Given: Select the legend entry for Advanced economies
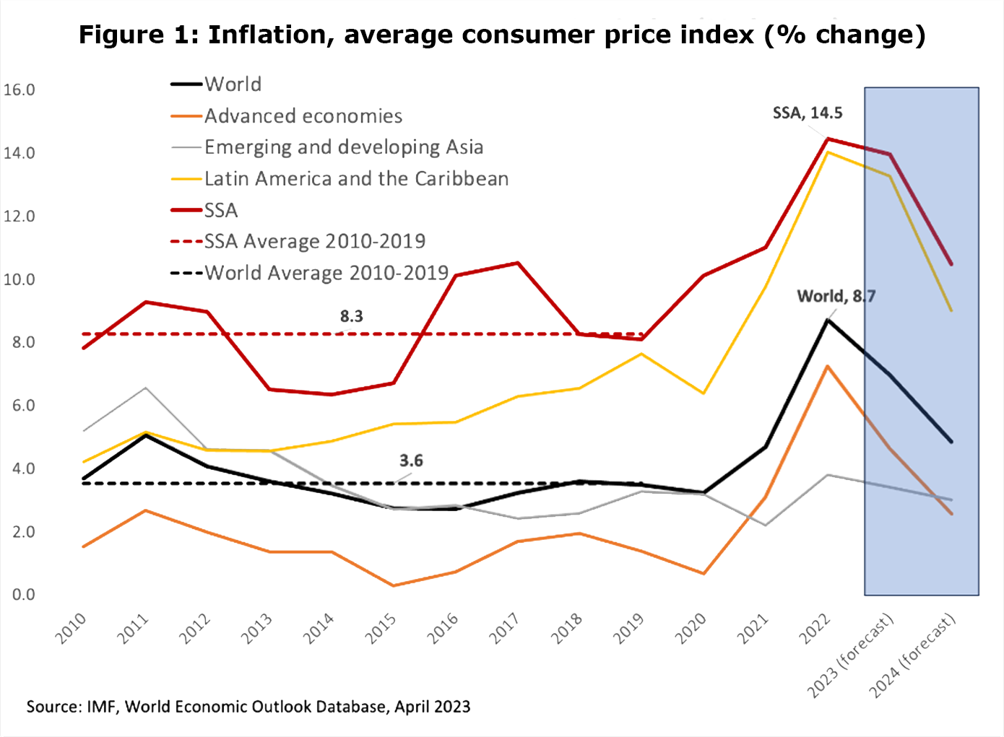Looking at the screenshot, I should pyautogui.click(x=303, y=116).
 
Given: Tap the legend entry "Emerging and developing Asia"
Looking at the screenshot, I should pyautogui.click(x=343, y=147).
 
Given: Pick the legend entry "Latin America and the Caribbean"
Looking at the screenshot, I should pyautogui.click(x=356, y=179).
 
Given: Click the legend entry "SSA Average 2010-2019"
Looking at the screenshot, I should pyautogui.click(x=314, y=241).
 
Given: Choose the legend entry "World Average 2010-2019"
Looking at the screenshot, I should pyautogui.click(x=326, y=273).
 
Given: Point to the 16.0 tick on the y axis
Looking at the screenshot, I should pyautogui.click(x=20, y=90).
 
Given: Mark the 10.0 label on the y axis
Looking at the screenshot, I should pyautogui.click(x=20, y=279).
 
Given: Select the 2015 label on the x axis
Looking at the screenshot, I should pyautogui.click(x=381, y=628).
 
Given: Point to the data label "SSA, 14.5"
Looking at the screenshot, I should pyautogui.click(x=808, y=113).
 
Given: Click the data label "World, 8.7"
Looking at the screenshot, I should pyautogui.click(x=836, y=296).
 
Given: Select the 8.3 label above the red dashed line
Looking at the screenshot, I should pyautogui.click(x=352, y=316).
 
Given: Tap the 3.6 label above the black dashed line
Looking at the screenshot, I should pyautogui.click(x=411, y=461).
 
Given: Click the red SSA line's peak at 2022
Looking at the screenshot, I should pyautogui.click(x=827, y=139).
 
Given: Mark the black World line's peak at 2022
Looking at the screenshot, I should pyautogui.click(x=827, y=320).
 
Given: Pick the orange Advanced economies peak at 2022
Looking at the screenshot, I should pyautogui.click(x=827, y=366).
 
